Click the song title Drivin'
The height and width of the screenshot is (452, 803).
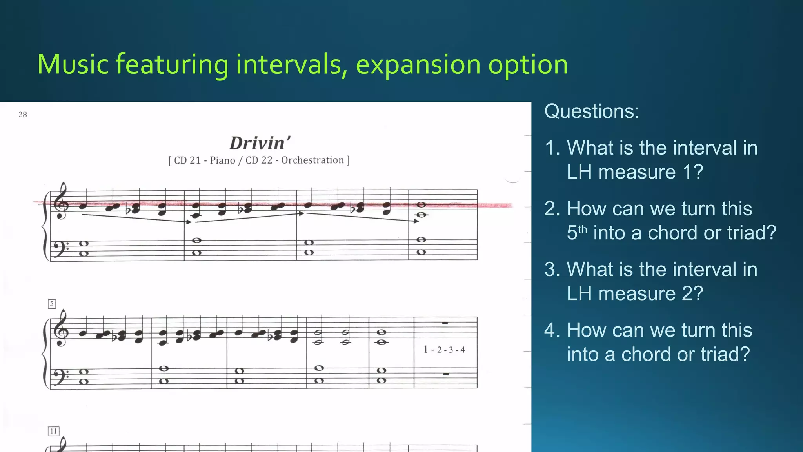pyautogui.click(x=260, y=143)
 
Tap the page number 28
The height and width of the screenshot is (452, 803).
pyautogui.click(x=23, y=115)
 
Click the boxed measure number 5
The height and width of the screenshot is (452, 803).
pyautogui.click(x=52, y=304)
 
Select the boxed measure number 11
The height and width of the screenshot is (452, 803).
pyautogui.click(x=53, y=431)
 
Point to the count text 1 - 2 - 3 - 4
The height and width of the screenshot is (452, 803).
pyautogui.click(x=444, y=350)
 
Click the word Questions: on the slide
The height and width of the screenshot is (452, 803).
pyautogui.click(x=592, y=111)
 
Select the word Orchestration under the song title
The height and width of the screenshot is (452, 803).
pyautogui.click(x=312, y=160)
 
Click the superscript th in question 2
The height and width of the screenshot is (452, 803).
pyautogui.click(x=582, y=229)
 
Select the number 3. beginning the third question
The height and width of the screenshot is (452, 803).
pyautogui.click(x=552, y=270)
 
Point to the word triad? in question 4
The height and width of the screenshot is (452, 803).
pyautogui.click(x=725, y=354)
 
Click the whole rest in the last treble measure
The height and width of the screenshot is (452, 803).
pyautogui.click(x=445, y=323)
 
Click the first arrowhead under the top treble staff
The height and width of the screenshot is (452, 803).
pyautogui.click(x=189, y=222)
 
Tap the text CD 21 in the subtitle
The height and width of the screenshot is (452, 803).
pyautogui.click(x=187, y=160)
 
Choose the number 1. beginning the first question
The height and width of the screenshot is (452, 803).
pyautogui.click(x=552, y=148)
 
